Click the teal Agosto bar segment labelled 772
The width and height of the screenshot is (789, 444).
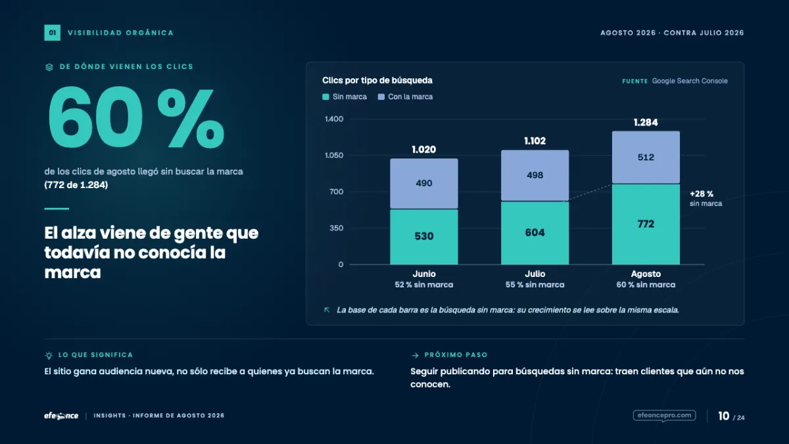[646, 224]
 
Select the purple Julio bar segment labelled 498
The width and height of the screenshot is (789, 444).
[535, 176]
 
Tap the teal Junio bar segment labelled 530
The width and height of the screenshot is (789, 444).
[423, 237]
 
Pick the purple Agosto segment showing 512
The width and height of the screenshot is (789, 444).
[646, 157]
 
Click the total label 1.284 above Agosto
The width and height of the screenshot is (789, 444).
[646, 122]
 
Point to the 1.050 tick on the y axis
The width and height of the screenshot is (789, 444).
[334, 155]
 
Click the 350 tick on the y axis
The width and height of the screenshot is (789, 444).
[337, 228]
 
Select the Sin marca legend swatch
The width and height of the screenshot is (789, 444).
[325, 97]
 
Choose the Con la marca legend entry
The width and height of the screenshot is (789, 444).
[405, 97]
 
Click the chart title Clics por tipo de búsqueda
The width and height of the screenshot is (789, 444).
[377, 80]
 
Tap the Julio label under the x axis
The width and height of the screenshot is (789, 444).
[535, 274]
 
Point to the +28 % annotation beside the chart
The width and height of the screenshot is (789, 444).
[702, 194]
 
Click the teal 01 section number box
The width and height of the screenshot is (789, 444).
[52, 33]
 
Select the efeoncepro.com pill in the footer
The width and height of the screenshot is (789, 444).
[664, 416]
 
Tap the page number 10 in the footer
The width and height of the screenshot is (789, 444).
[723, 416]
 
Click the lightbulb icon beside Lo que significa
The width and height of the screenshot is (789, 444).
[49, 355]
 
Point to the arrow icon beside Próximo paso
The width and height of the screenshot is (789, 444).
[416, 356]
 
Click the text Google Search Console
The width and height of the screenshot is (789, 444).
[690, 81]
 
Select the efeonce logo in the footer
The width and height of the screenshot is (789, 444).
[61, 416]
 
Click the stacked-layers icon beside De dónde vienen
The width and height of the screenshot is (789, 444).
[49, 67]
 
